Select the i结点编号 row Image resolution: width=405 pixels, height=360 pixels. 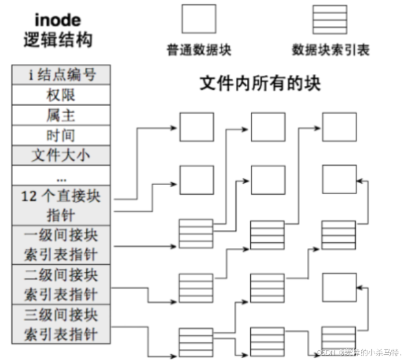[62, 74]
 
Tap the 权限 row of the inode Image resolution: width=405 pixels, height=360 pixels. [62, 95]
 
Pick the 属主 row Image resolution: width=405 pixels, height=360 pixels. [62, 115]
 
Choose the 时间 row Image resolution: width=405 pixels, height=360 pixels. [62, 135]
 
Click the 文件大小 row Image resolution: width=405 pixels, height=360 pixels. [62, 156]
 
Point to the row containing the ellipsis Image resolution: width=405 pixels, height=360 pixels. [62, 177]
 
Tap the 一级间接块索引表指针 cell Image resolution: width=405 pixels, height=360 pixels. [62, 245]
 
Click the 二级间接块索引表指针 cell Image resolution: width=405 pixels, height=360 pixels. [62, 284]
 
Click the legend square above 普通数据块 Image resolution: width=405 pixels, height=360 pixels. [198, 19]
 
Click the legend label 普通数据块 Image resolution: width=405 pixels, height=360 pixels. [198, 50]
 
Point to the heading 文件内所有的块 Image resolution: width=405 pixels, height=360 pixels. [259, 84]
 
